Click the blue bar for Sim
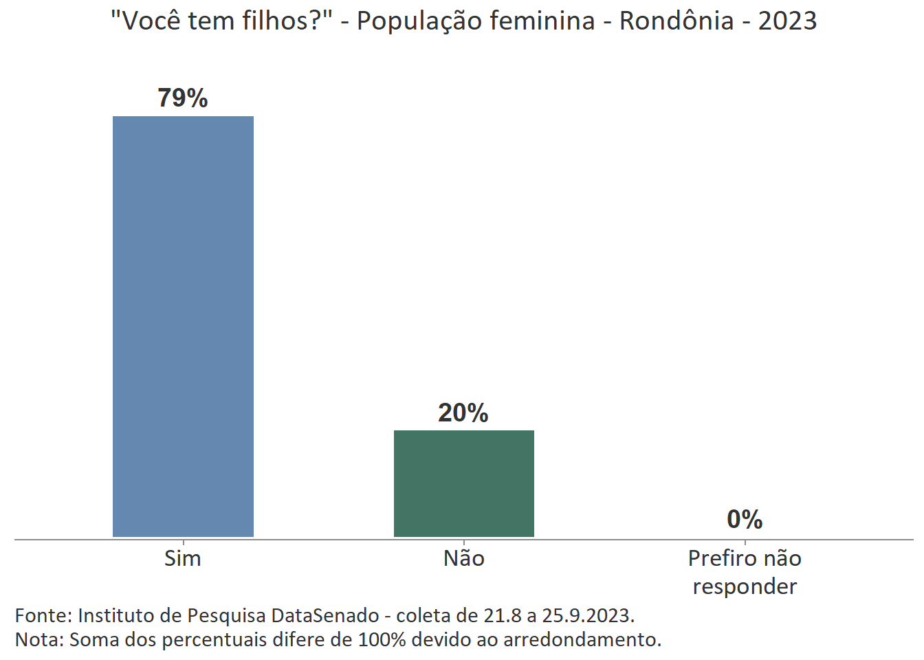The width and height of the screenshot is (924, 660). [x=183, y=326]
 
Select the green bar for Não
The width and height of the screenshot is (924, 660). [x=463, y=483]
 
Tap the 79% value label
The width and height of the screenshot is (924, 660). [x=183, y=98]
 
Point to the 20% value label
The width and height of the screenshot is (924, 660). [x=463, y=412]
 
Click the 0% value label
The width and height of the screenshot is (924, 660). [x=745, y=519]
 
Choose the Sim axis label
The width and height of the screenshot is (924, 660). [x=183, y=558]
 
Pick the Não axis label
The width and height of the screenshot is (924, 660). [x=463, y=558]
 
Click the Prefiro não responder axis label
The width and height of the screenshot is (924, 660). [x=745, y=572]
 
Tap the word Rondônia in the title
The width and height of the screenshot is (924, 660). [x=676, y=21]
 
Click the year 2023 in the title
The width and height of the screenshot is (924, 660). [x=787, y=21]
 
